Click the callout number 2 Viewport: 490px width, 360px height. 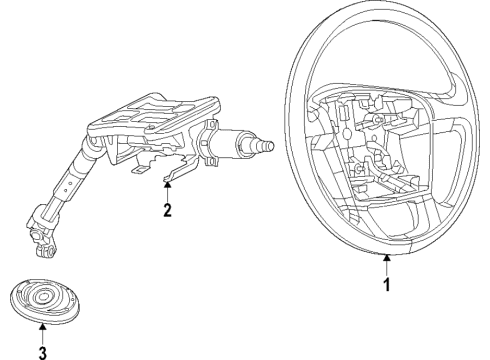click(x=167, y=210)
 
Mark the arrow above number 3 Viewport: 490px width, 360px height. click(x=43, y=330)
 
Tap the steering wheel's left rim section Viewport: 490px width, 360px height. click(x=298, y=150)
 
